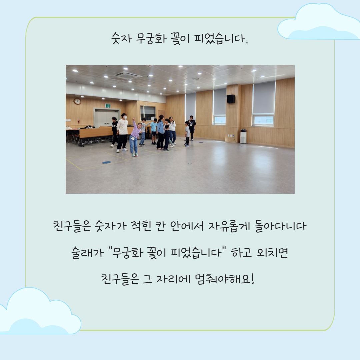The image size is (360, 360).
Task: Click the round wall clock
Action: pyautogui.click(x=77, y=101)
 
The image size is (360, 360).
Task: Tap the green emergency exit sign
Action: pyautogui.click(x=107, y=106)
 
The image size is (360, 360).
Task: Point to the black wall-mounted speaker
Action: pyautogui.click(x=231, y=99)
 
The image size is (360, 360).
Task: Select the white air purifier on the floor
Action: pyautogui.click(x=243, y=136)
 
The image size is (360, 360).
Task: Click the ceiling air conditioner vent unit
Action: pyautogui.click(x=127, y=75)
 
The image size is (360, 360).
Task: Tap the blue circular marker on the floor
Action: pyautogui.click(x=106, y=162)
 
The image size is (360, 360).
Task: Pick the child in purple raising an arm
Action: pyautogui.click(x=135, y=137)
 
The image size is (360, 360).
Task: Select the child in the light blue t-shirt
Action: pyautogui.click(x=154, y=131)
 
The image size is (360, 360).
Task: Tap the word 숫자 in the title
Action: pyautogui.click(x=122, y=38)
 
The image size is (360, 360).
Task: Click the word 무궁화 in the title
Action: pyautogui.click(x=151, y=38)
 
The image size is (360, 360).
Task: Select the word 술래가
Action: pyautogui.click(x=87, y=253)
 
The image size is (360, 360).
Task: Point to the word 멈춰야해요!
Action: pyautogui.click(x=225, y=279)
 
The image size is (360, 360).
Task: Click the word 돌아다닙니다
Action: pyautogui.click(x=280, y=226)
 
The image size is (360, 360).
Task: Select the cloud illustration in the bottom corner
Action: pyautogui.click(x=39, y=311)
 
